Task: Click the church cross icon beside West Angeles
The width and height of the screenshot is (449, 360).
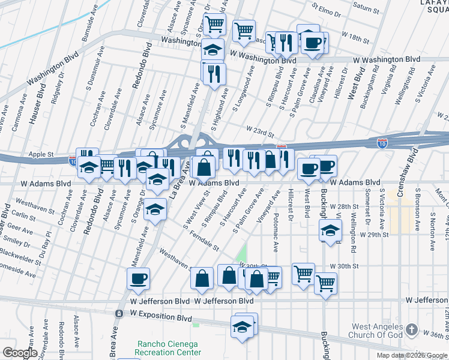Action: pos(411,329)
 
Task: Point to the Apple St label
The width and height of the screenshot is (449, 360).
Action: pos(41,154)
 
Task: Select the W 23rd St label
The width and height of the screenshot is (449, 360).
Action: pos(259,128)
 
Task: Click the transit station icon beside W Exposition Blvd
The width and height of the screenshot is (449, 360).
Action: pos(119,314)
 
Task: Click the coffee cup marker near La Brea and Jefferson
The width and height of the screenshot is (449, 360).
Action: pos(138,278)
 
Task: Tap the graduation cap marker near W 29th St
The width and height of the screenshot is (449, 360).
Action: pos(330,230)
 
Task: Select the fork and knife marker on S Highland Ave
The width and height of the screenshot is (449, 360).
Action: pos(213,73)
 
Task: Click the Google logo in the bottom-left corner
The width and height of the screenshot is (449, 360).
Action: pos(20,353)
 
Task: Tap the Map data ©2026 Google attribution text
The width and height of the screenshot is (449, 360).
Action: pos(412,355)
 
